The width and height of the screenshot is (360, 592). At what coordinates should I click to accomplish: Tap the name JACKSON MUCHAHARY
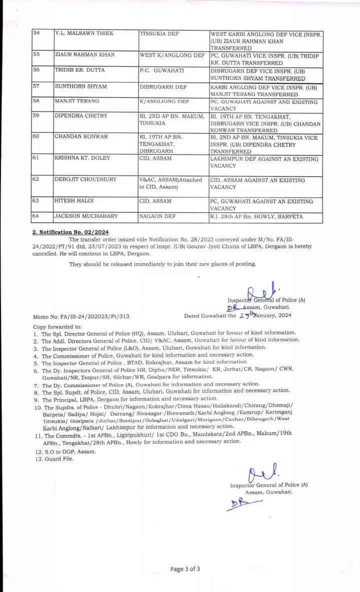click(86, 216)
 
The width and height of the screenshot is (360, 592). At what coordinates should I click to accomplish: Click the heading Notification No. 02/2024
click(70, 232)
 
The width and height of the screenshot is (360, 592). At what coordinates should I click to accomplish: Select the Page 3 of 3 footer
click(185, 569)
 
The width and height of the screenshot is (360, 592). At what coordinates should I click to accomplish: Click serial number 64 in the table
click(36, 216)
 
